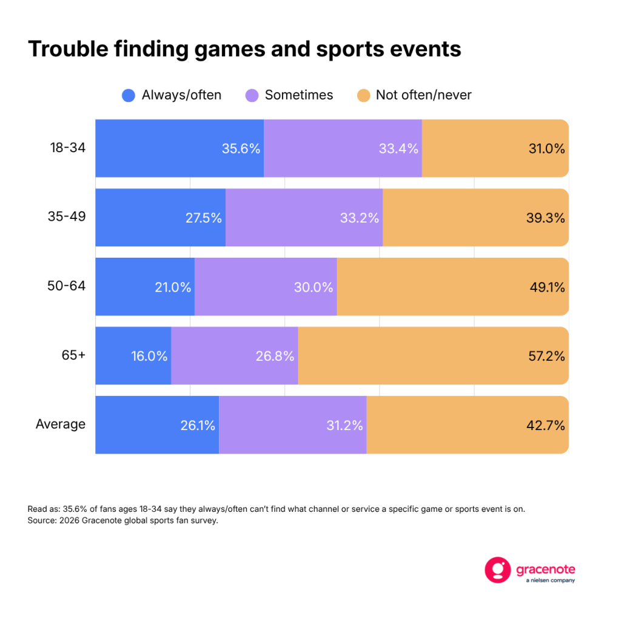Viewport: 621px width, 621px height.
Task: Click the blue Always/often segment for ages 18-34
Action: coord(180,148)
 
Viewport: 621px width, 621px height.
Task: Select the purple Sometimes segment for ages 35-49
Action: coord(304,218)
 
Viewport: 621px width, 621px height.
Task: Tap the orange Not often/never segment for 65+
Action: coord(433,355)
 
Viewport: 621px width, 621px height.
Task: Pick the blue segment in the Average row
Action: coord(157,425)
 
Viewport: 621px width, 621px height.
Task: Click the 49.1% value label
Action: coord(548,287)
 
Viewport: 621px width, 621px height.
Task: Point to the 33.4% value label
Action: coord(398,149)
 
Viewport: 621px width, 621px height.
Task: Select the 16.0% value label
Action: coord(149,356)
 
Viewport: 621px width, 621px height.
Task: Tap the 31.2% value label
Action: coord(344,425)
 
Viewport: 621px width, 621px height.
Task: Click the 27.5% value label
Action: coord(204,218)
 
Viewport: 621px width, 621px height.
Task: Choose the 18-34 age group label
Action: coord(68,148)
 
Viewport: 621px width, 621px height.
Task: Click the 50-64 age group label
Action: coord(67,286)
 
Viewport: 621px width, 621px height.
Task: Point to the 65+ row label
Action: coord(73,355)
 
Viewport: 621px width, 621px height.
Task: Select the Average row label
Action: coord(61,424)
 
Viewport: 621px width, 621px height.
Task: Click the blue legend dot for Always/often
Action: coord(129,95)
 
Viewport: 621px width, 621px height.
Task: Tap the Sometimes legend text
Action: coord(299,95)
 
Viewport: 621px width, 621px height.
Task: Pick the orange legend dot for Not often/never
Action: coord(364,95)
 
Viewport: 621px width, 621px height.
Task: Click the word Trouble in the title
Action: coord(68,49)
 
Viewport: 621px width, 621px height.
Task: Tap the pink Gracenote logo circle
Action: coord(498,570)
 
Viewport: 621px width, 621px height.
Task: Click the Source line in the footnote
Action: coord(123,520)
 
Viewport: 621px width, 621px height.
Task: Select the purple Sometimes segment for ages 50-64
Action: coord(266,287)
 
